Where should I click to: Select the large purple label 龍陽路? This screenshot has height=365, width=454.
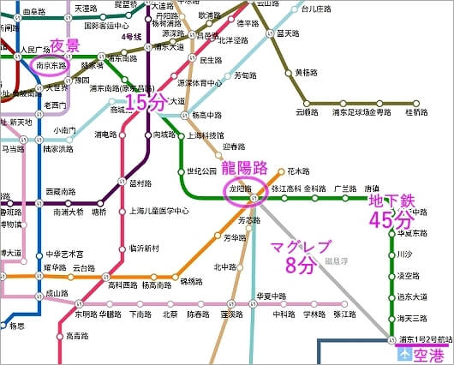click(256, 167)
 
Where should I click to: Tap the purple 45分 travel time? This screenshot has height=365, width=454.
click(391, 220)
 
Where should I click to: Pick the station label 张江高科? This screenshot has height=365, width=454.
click(284, 188)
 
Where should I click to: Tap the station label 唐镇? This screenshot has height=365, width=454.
click(371, 188)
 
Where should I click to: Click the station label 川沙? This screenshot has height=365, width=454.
click(405, 254)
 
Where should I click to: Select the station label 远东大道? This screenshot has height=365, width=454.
click(412, 296)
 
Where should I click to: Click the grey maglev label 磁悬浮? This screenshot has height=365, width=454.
click(337, 261)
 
